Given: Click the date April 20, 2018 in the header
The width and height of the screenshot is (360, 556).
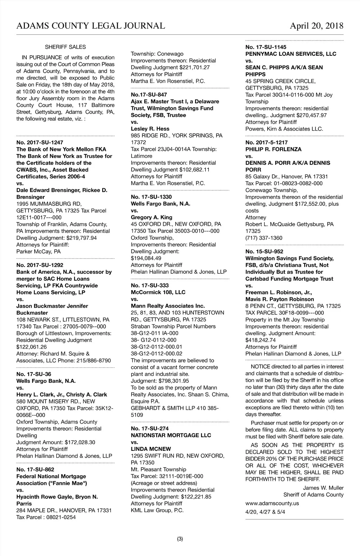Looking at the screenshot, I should (316, 26).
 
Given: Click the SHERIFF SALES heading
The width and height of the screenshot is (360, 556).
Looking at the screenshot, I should (65, 47).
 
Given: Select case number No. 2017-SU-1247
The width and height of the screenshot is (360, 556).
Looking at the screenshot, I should (40, 142).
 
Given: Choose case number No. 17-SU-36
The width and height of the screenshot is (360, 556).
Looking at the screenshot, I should (34, 374).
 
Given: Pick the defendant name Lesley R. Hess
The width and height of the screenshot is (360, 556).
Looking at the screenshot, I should (150, 129).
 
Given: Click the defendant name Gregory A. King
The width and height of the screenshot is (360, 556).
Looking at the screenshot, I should (151, 217).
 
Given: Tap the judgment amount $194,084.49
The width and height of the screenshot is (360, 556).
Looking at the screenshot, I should (146, 258).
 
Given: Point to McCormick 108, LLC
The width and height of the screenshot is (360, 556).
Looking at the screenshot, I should (158, 292).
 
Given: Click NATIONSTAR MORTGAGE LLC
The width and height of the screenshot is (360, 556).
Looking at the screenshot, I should (171, 435).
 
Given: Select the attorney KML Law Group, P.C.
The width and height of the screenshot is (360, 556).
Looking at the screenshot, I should (157, 510).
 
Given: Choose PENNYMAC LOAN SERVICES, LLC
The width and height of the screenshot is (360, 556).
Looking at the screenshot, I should (291, 54).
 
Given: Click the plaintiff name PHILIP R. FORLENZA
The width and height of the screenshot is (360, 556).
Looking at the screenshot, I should (273, 149).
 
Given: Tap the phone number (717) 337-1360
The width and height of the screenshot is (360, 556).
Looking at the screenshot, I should (264, 238).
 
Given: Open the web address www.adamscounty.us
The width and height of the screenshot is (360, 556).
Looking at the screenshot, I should (272, 503).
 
